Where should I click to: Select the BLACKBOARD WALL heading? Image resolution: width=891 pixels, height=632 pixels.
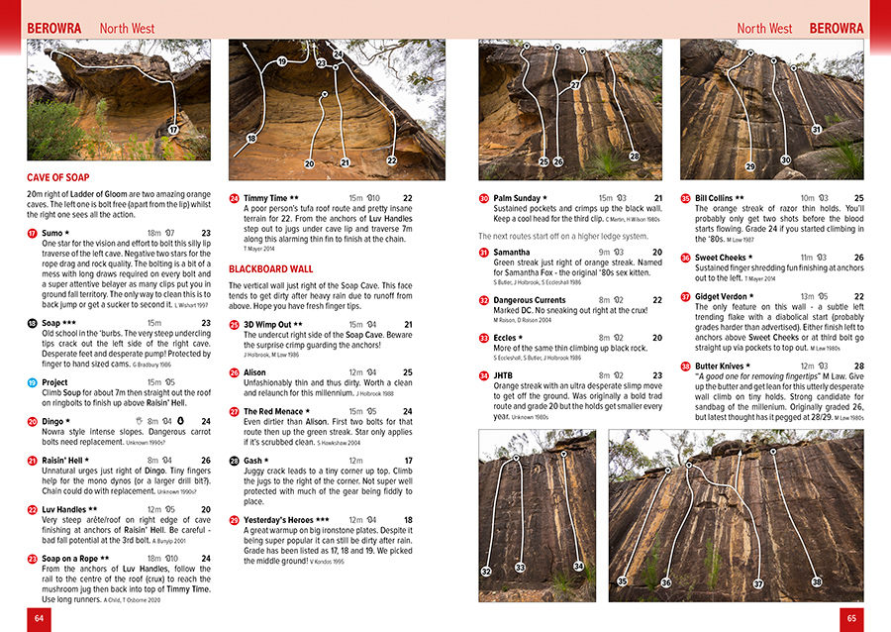(271, 269)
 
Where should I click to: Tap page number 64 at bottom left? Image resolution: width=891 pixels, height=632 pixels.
(40, 617)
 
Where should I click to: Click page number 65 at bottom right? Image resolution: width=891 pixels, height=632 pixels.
(850, 617)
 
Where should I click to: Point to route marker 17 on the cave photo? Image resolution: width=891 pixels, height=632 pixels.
(173, 130)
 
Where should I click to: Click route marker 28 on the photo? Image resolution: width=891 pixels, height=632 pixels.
(635, 156)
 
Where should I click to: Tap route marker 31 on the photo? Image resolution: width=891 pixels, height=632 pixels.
(817, 130)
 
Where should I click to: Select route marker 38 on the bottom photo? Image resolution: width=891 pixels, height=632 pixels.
(817, 581)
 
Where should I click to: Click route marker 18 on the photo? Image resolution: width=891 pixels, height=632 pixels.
(251, 139)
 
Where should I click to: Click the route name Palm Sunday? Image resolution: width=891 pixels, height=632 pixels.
(517, 198)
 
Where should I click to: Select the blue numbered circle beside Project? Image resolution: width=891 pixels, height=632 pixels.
(32, 382)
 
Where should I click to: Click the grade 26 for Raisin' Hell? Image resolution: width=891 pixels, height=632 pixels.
(205, 460)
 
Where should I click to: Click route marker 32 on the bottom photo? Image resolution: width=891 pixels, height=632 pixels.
(486, 572)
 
